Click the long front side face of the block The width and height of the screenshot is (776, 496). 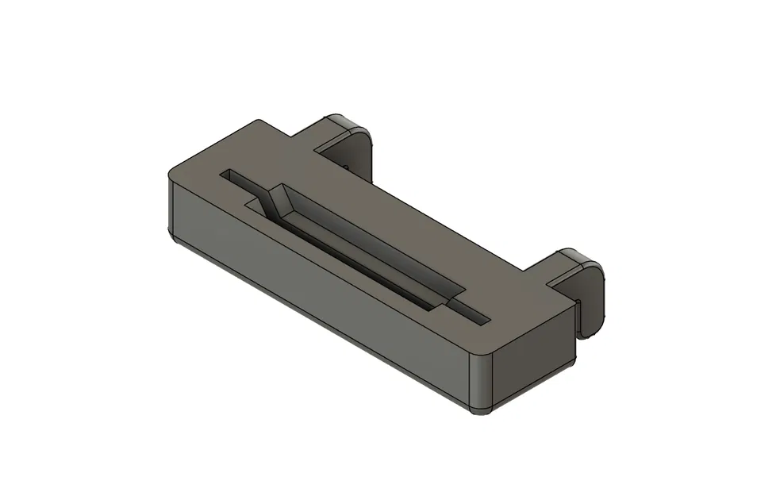pyautogui.click(x=317, y=294)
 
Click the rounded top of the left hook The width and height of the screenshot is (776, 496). pyautogui.click(x=343, y=121)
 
